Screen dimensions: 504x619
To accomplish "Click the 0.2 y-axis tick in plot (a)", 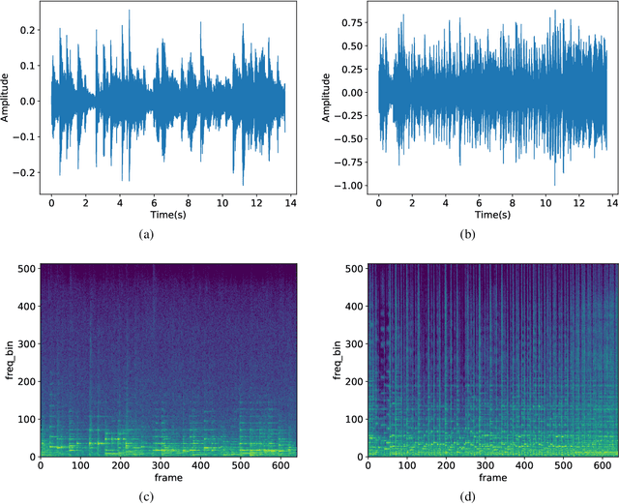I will (x=29, y=30).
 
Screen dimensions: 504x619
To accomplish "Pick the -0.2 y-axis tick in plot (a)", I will (x=27, y=172).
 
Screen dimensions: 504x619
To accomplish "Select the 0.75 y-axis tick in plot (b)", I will (x=353, y=22).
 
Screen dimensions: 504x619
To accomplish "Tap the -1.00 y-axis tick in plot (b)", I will (x=351, y=186).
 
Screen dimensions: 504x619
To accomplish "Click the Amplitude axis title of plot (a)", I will (x=8, y=101).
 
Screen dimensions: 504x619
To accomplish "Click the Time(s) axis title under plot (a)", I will (x=168, y=215).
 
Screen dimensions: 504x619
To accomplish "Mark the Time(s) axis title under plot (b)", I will (x=495, y=215).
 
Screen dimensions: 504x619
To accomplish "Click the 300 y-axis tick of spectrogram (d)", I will (x=355, y=343).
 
